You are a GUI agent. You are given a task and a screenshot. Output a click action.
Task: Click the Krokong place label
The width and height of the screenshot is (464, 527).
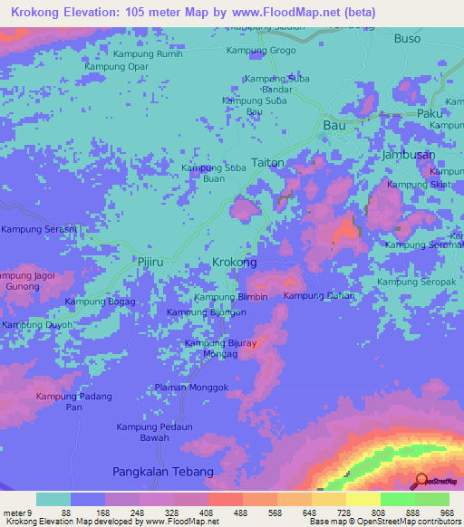[x=234, y=262]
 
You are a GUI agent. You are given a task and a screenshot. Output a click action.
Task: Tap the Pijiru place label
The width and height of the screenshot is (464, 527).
[x=149, y=261]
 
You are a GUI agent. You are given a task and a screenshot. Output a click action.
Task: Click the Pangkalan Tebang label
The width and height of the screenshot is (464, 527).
[x=163, y=472]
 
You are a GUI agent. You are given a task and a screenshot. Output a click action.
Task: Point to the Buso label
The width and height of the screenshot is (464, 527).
[x=408, y=39]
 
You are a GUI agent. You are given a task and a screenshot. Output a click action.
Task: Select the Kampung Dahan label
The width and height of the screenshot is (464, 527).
[x=319, y=296]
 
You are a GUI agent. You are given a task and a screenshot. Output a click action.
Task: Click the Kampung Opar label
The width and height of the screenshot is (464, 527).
[x=116, y=67]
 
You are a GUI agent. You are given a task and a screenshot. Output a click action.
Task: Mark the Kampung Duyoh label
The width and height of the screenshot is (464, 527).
[x=36, y=325]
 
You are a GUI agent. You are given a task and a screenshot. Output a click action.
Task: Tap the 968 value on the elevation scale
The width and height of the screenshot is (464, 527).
[x=447, y=513]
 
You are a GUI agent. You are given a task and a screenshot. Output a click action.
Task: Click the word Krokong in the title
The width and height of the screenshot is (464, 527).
[x=39, y=14]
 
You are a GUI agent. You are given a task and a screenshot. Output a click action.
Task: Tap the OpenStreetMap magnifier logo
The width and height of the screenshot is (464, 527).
[x=420, y=481]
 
